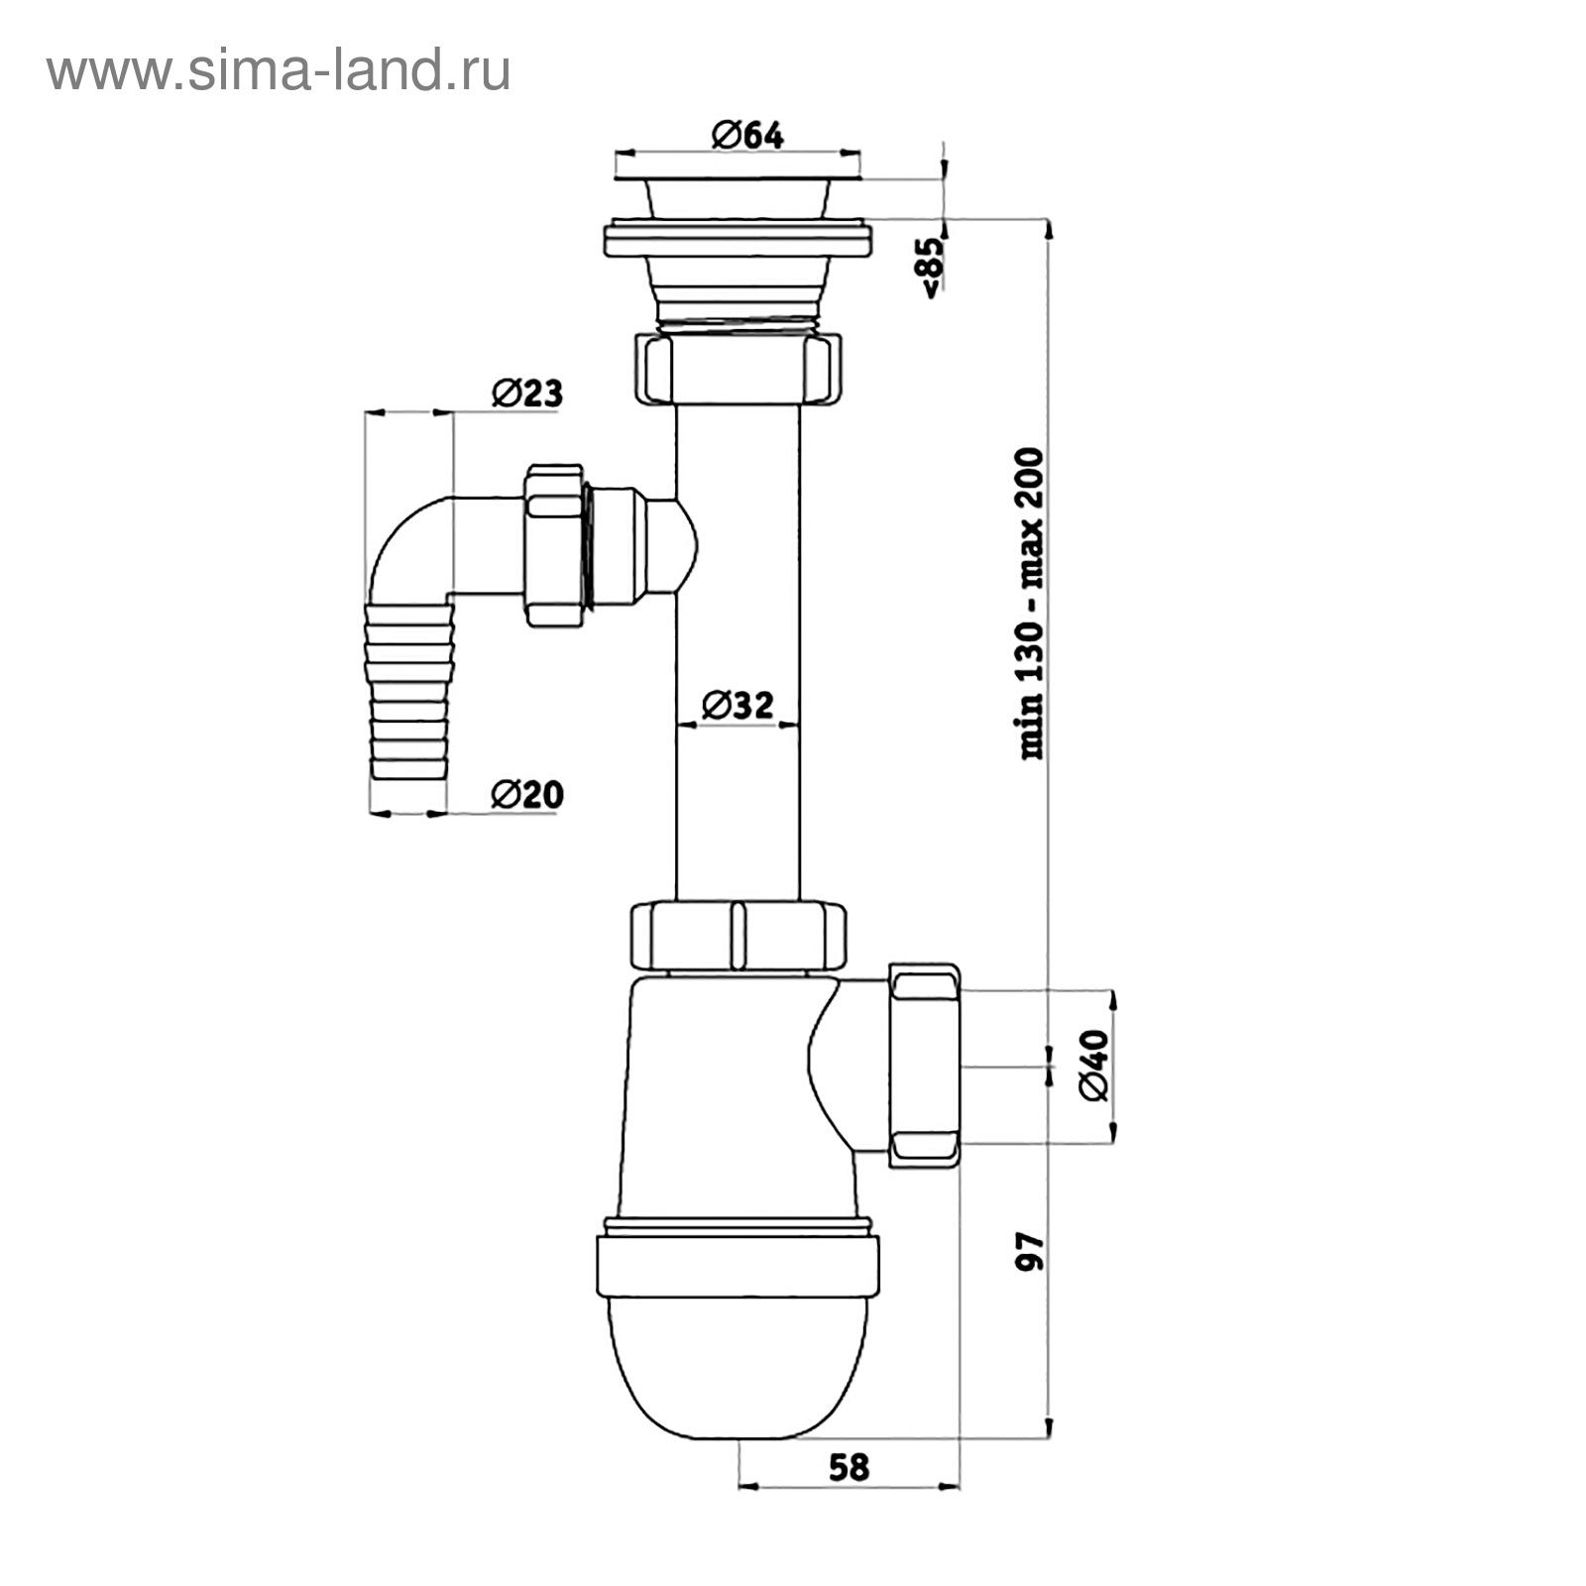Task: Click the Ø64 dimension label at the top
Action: click(747, 135)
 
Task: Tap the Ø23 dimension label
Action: click(527, 393)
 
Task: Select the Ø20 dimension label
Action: click(527, 794)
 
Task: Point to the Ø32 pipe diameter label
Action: click(737, 705)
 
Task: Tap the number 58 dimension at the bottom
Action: click(849, 1466)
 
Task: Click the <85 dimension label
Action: click(934, 267)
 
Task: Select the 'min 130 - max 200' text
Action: click(1032, 604)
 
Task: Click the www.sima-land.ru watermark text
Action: click(279, 70)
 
